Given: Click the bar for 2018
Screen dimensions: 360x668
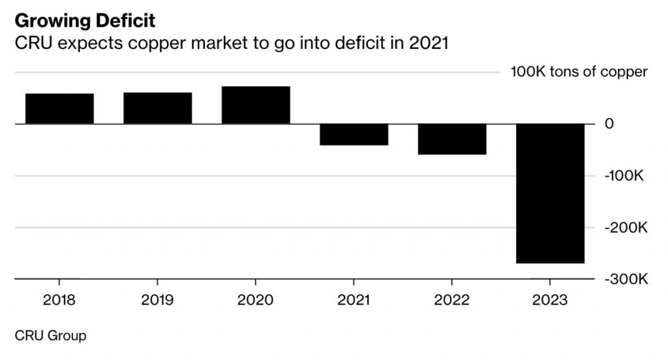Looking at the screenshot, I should point(59,108).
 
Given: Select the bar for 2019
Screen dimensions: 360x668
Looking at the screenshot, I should point(157,108).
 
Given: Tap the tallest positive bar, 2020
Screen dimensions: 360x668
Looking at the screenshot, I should point(256,104).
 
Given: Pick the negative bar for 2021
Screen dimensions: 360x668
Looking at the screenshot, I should point(354,134).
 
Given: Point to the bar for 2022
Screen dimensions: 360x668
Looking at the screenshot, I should point(452,139).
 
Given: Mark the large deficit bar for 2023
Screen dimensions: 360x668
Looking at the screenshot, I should point(550,193).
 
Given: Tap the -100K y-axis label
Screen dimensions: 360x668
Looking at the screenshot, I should point(625,176).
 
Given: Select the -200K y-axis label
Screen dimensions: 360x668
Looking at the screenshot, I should point(625,228).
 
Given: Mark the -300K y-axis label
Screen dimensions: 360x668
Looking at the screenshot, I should point(625,279).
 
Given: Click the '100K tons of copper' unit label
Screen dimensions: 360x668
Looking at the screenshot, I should point(579,72).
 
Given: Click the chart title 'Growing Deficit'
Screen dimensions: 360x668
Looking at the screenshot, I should point(85,21).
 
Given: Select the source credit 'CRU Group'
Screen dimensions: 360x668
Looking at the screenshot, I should point(50,336).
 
